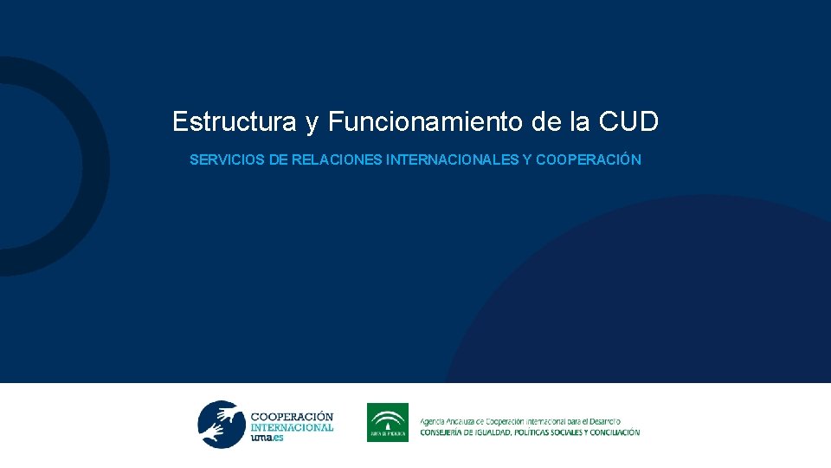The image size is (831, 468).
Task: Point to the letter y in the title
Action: pos(312,124)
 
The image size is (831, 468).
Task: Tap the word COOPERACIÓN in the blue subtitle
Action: pos(589,160)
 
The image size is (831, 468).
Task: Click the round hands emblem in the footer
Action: pos(222,424)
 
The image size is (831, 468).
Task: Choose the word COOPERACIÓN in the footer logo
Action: pos(291,417)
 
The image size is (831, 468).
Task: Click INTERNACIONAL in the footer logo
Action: pos(291,427)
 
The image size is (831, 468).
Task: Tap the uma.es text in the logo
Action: pos(267,439)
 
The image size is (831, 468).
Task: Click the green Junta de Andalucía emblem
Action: pos(388,422)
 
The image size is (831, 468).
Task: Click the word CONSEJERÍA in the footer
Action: pos(444,432)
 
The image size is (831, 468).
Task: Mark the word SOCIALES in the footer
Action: pos(560,432)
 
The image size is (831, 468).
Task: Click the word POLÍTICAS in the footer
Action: pos(525,432)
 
